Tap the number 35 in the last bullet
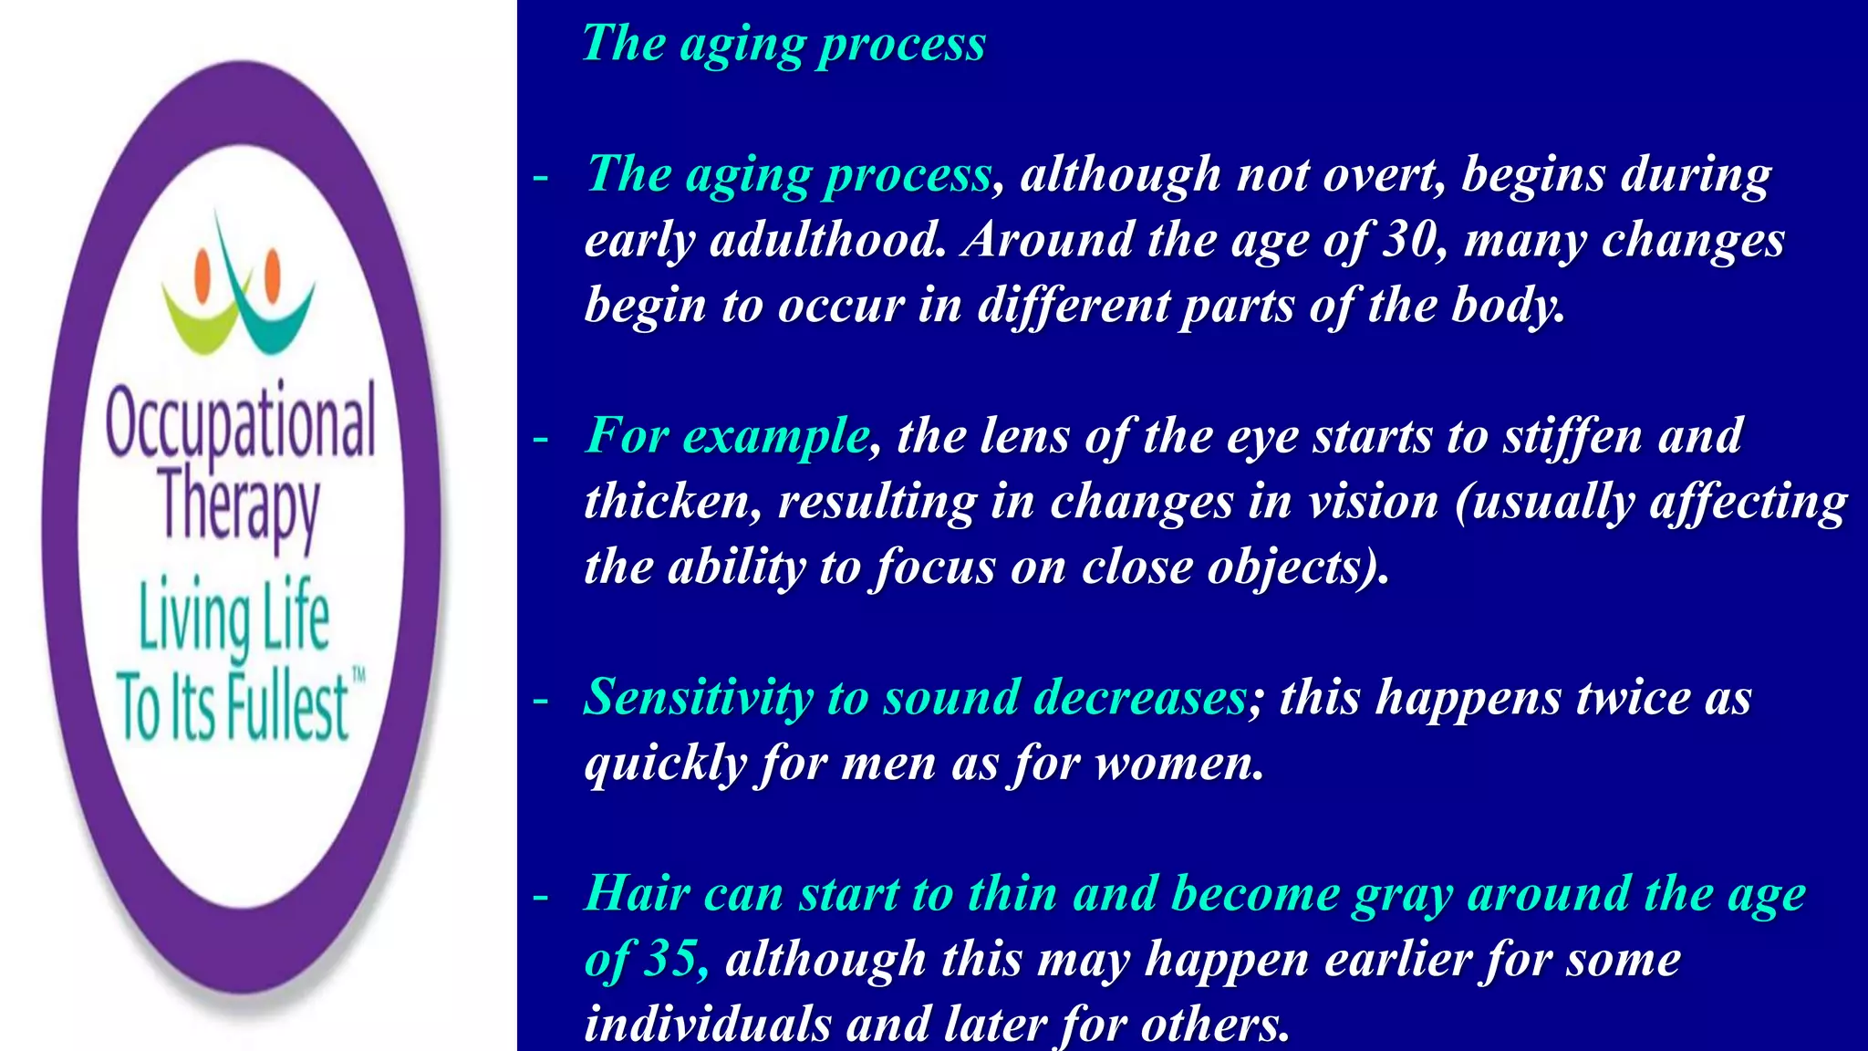tap(671, 960)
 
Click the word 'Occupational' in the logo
tap(240, 422)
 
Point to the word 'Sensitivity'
tap(697, 698)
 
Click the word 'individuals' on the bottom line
tap(707, 1024)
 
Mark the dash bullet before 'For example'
tap(541, 439)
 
